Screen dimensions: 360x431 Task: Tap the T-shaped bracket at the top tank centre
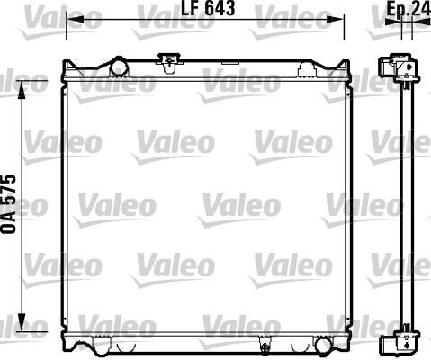coord(166,61)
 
